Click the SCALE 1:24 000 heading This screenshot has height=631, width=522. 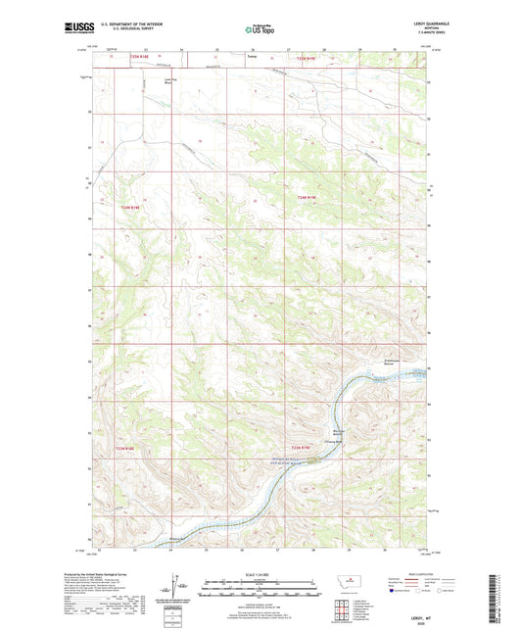pyautogui.click(x=257, y=575)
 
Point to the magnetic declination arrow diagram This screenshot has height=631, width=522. pyautogui.click(x=182, y=588)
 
